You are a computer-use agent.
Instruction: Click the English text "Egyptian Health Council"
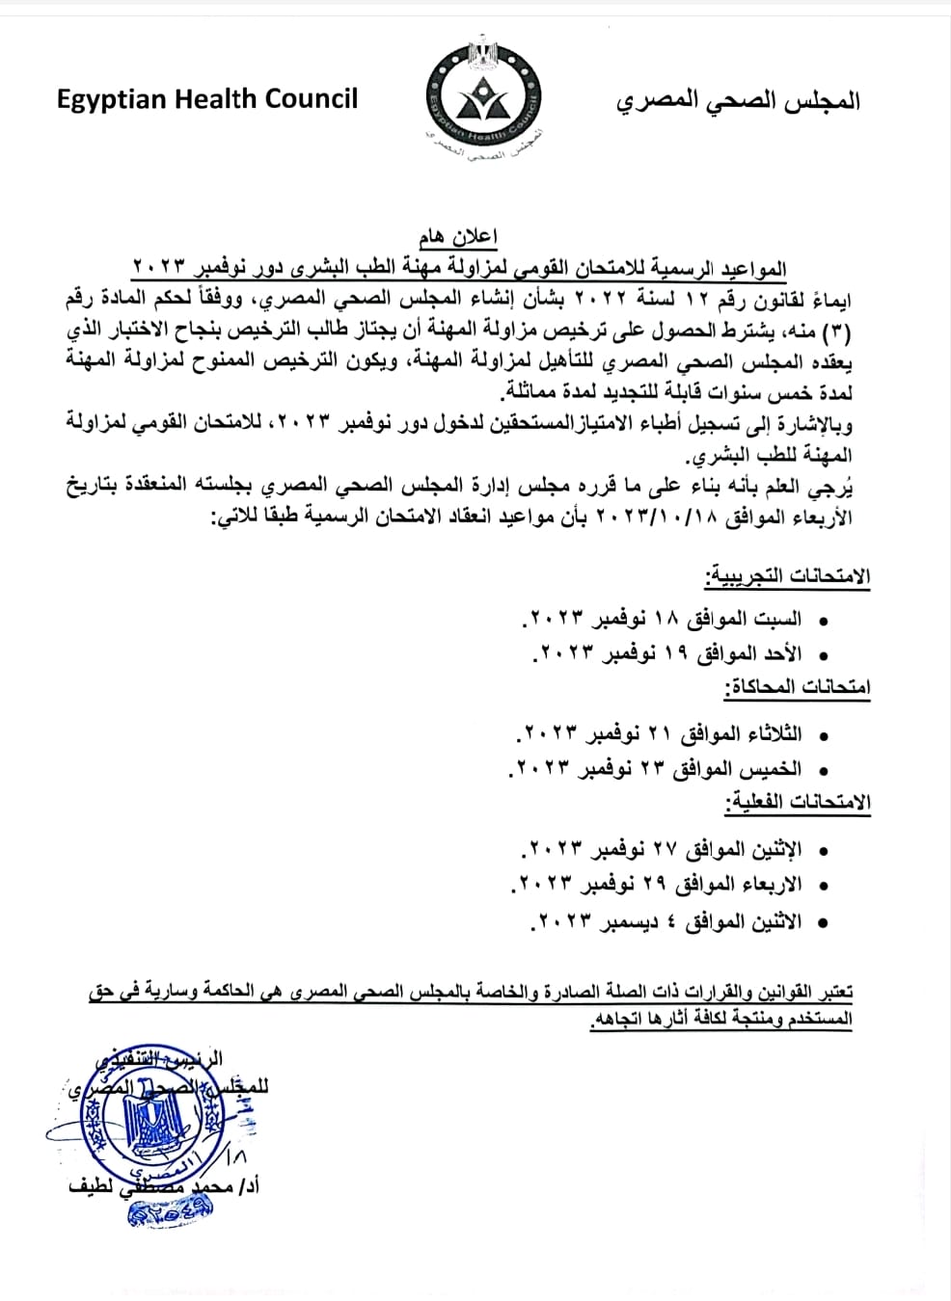[206, 99]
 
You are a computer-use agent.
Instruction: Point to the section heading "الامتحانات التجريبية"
[787, 577]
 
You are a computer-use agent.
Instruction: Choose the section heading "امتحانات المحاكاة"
[797, 687]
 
